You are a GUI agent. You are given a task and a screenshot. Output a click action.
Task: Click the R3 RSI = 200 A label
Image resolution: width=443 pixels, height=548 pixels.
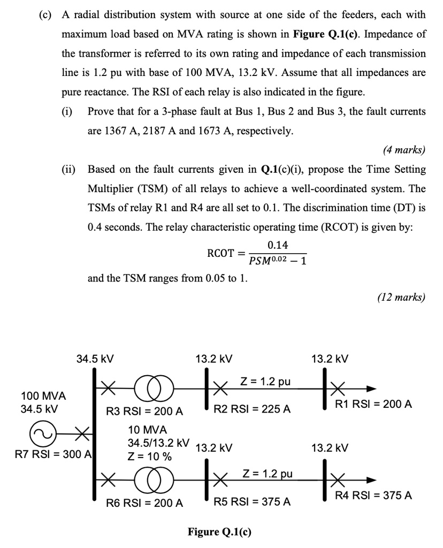pos(144,412)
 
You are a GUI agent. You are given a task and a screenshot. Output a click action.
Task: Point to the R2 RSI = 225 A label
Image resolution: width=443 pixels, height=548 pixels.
pos(252,409)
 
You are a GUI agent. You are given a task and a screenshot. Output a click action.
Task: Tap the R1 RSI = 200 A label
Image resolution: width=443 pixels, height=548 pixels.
pos(373,404)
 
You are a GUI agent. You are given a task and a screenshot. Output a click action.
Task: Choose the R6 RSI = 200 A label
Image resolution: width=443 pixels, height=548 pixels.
pos(144,503)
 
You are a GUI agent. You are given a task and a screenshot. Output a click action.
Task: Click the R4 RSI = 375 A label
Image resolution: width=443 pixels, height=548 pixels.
pos(373,496)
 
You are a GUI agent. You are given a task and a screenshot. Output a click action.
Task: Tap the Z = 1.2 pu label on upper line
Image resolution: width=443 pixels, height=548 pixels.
pos(265,382)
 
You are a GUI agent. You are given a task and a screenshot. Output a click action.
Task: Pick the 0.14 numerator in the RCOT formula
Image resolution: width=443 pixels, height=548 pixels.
pos(277,245)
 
